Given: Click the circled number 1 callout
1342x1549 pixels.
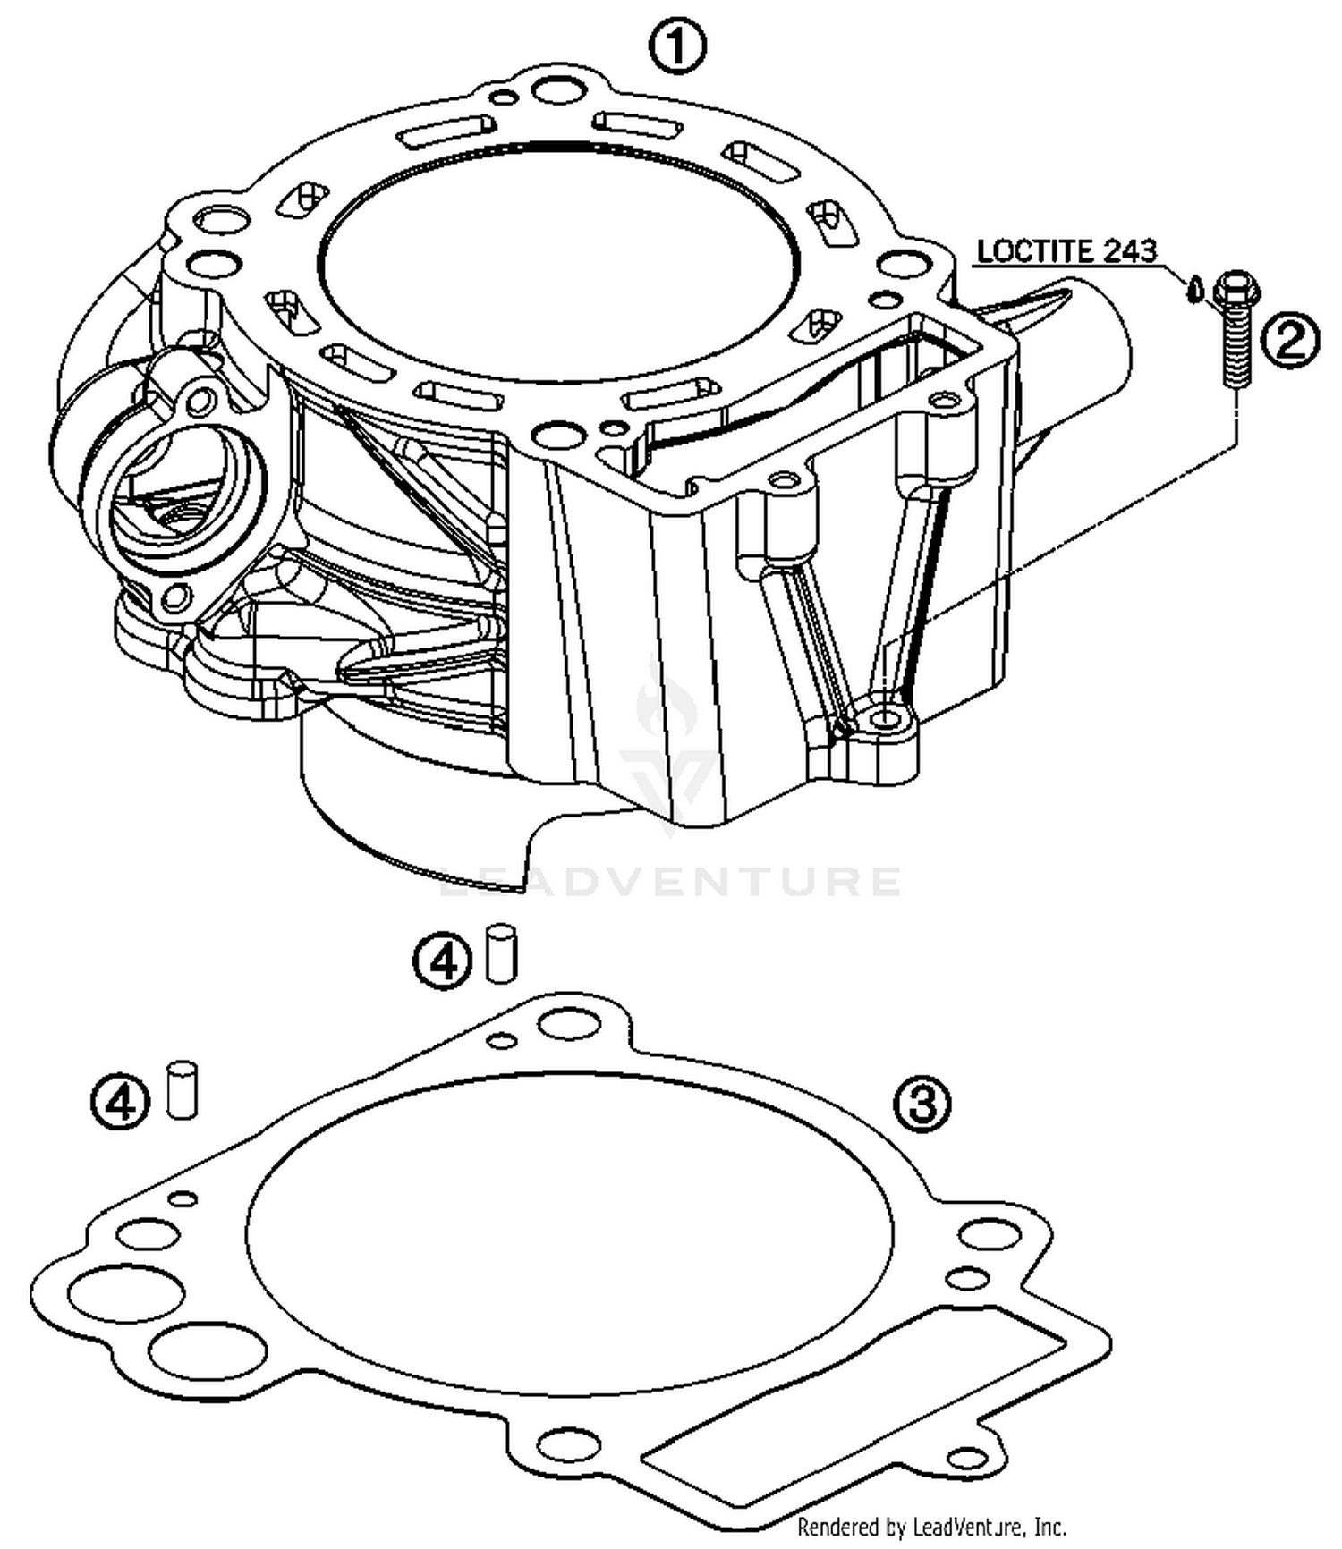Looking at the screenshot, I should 677,47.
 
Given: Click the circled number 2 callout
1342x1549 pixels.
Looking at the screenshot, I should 1290,342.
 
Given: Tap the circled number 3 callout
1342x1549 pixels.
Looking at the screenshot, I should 922,1104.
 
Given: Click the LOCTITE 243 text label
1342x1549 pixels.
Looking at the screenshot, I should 1066,251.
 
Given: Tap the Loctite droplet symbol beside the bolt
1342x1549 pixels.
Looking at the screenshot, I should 1193,290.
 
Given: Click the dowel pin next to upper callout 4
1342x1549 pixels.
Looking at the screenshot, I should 502,954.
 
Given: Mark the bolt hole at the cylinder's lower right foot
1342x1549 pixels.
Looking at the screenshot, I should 887,718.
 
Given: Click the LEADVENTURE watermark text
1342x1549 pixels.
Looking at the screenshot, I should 671,881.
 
